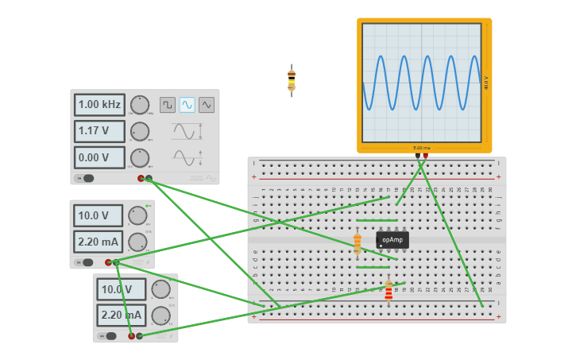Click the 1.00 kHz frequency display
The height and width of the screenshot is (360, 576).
pyautogui.click(x=99, y=105)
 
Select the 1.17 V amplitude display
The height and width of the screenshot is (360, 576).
pyautogui.click(x=99, y=131)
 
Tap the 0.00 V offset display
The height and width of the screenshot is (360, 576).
pyautogui.click(x=99, y=157)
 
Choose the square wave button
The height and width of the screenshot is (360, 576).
pyautogui.click(x=168, y=105)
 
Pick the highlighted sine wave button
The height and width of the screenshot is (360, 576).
pyautogui.click(x=187, y=105)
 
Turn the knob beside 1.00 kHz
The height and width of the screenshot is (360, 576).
pyautogui.click(x=140, y=105)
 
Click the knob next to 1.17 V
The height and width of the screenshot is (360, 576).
pyautogui.click(x=140, y=131)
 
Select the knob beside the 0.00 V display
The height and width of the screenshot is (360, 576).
pyautogui.click(x=140, y=157)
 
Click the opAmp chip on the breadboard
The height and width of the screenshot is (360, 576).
pyautogui.click(x=392, y=239)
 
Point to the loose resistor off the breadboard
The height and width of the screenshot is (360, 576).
pyautogui.click(x=292, y=81)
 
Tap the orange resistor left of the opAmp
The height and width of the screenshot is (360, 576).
pyautogui.click(x=358, y=243)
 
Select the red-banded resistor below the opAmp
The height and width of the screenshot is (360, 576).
pyautogui.click(x=389, y=292)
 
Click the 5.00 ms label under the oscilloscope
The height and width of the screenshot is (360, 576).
pyautogui.click(x=421, y=148)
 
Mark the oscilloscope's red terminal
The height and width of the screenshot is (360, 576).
pyautogui.click(x=425, y=157)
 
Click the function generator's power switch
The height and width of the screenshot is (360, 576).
pyautogui.click(x=85, y=178)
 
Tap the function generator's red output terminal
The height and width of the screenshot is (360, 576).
pyautogui.click(x=141, y=179)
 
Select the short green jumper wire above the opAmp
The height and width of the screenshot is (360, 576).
pyautogui.click(x=377, y=220)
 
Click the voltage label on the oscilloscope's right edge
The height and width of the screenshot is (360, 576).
pyautogui.click(x=485, y=82)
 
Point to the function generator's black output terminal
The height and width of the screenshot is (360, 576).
pyautogui.click(x=149, y=179)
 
